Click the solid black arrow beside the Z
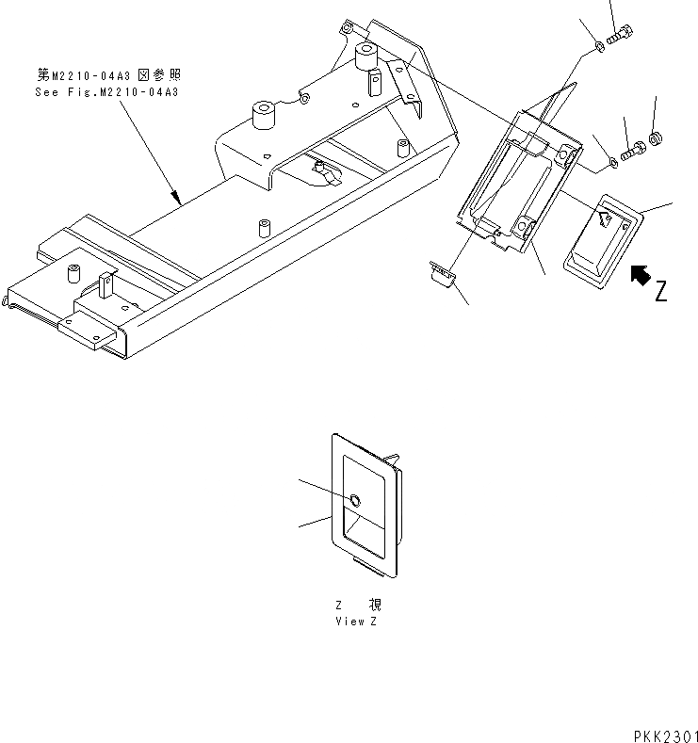[x=639, y=275]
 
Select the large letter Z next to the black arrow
[x=663, y=290]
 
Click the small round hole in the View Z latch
[x=353, y=500]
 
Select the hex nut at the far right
[x=656, y=139]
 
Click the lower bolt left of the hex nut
[x=633, y=147]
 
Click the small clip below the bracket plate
[x=441, y=273]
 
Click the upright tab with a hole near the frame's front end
[x=106, y=284]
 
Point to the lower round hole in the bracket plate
[x=526, y=224]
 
